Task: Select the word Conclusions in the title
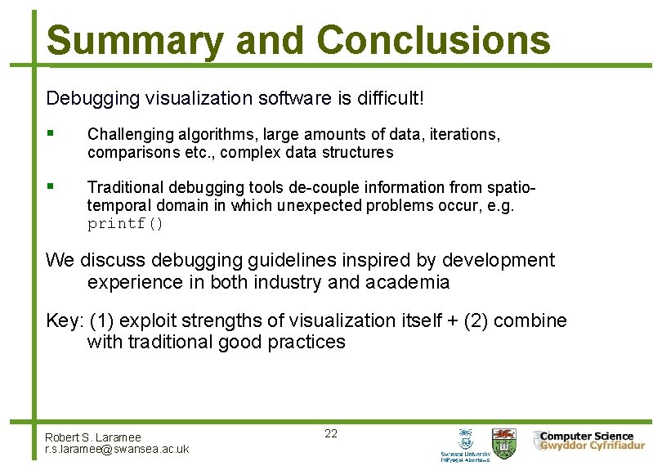click(433, 40)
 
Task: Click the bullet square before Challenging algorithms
click(51, 132)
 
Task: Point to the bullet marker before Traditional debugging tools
click(51, 186)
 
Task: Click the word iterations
click(466, 134)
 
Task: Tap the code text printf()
click(126, 224)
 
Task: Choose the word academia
click(408, 283)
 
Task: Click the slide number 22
click(331, 433)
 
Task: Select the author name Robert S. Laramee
click(93, 437)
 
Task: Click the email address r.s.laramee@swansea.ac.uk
click(117, 449)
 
